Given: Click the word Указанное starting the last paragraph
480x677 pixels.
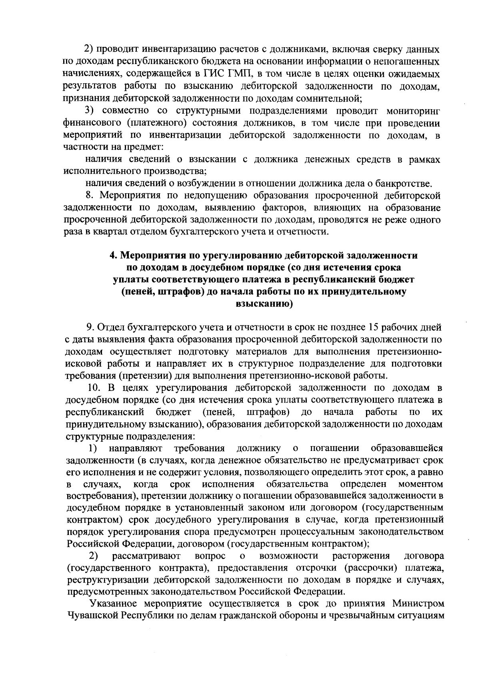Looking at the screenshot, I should [113, 604].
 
